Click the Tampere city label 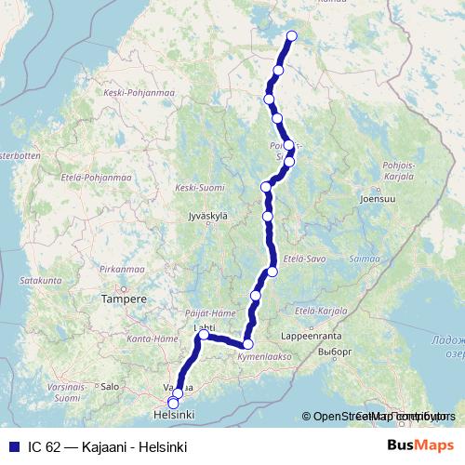point(125,299)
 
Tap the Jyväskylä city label point(208,216)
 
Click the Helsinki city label point(173,415)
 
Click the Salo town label point(110,385)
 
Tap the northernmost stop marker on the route point(291,36)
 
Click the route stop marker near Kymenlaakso point(247,344)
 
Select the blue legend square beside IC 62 point(11,447)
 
